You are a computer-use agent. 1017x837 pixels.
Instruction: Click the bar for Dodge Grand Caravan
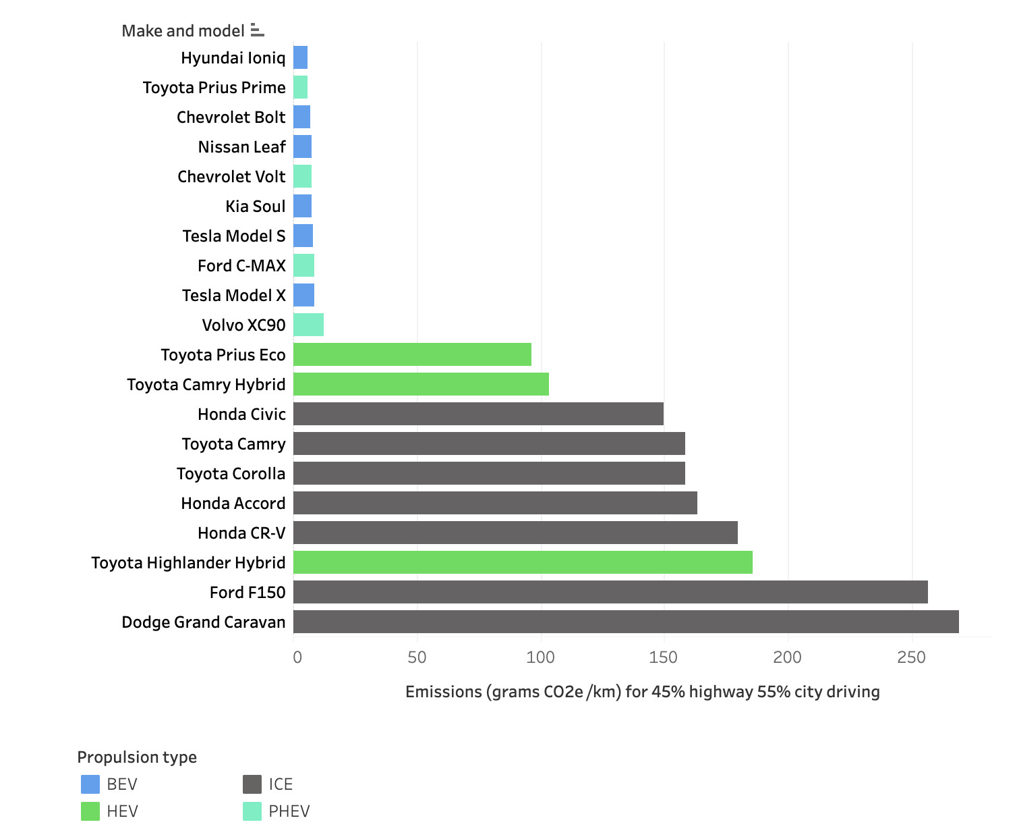(625, 621)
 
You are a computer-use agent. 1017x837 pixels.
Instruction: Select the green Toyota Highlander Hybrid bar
(523, 562)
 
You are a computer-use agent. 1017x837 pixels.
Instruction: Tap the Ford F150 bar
(610, 592)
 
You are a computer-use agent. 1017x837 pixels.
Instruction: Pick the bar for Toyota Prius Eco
(412, 354)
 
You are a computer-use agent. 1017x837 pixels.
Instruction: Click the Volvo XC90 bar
(309, 325)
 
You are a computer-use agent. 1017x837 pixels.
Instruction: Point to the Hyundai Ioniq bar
(300, 57)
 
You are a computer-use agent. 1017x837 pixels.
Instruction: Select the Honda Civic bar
(478, 414)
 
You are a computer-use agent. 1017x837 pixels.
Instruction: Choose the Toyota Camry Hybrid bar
(421, 384)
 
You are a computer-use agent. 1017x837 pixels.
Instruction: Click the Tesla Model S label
(234, 236)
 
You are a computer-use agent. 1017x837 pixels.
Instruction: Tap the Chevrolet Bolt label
(231, 117)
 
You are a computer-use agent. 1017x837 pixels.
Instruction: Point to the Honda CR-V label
(241, 533)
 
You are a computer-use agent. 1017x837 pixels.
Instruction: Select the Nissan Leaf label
(241, 146)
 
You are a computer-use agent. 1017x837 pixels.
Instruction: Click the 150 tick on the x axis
(663, 657)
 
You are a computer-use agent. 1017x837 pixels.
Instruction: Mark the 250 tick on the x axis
(911, 657)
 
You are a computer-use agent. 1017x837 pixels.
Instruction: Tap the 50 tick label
(417, 657)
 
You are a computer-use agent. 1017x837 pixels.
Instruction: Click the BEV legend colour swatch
(90, 784)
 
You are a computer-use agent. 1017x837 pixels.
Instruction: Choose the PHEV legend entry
(277, 811)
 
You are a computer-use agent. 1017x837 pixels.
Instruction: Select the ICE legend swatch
(252, 784)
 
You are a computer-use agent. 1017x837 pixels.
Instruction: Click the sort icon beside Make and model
(257, 30)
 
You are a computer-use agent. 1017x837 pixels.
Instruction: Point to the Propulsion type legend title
(137, 757)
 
